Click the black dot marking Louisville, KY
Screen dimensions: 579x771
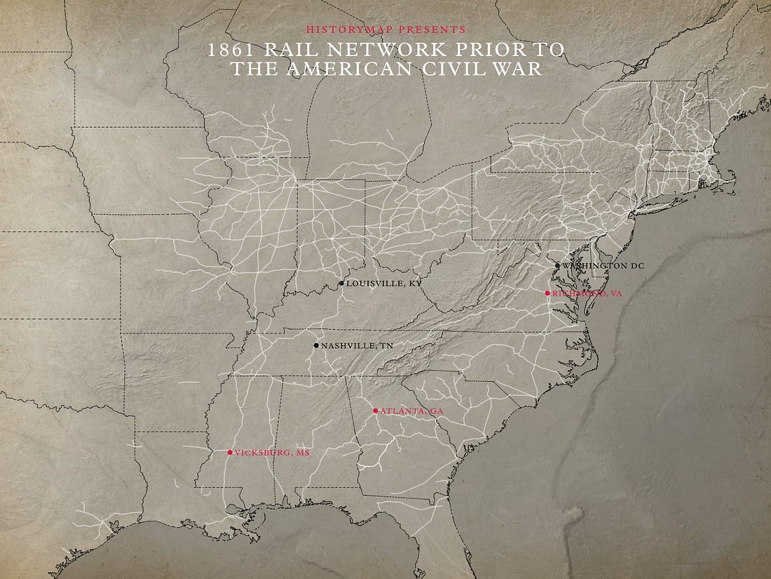[x=341, y=284]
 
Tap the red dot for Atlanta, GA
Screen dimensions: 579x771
[x=375, y=411]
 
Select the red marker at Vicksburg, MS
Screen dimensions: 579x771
[x=230, y=453]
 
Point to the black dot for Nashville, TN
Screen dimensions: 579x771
[x=316, y=345]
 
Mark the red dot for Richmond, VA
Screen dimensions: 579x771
[x=547, y=293]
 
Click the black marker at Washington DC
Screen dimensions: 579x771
[x=557, y=266]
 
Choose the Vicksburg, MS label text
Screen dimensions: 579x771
[x=272, y=453]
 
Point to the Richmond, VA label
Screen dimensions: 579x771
[x=587, y=293]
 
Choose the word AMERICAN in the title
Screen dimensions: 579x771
[x=361, y=69]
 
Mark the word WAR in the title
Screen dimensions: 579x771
[x=522, y=69]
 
